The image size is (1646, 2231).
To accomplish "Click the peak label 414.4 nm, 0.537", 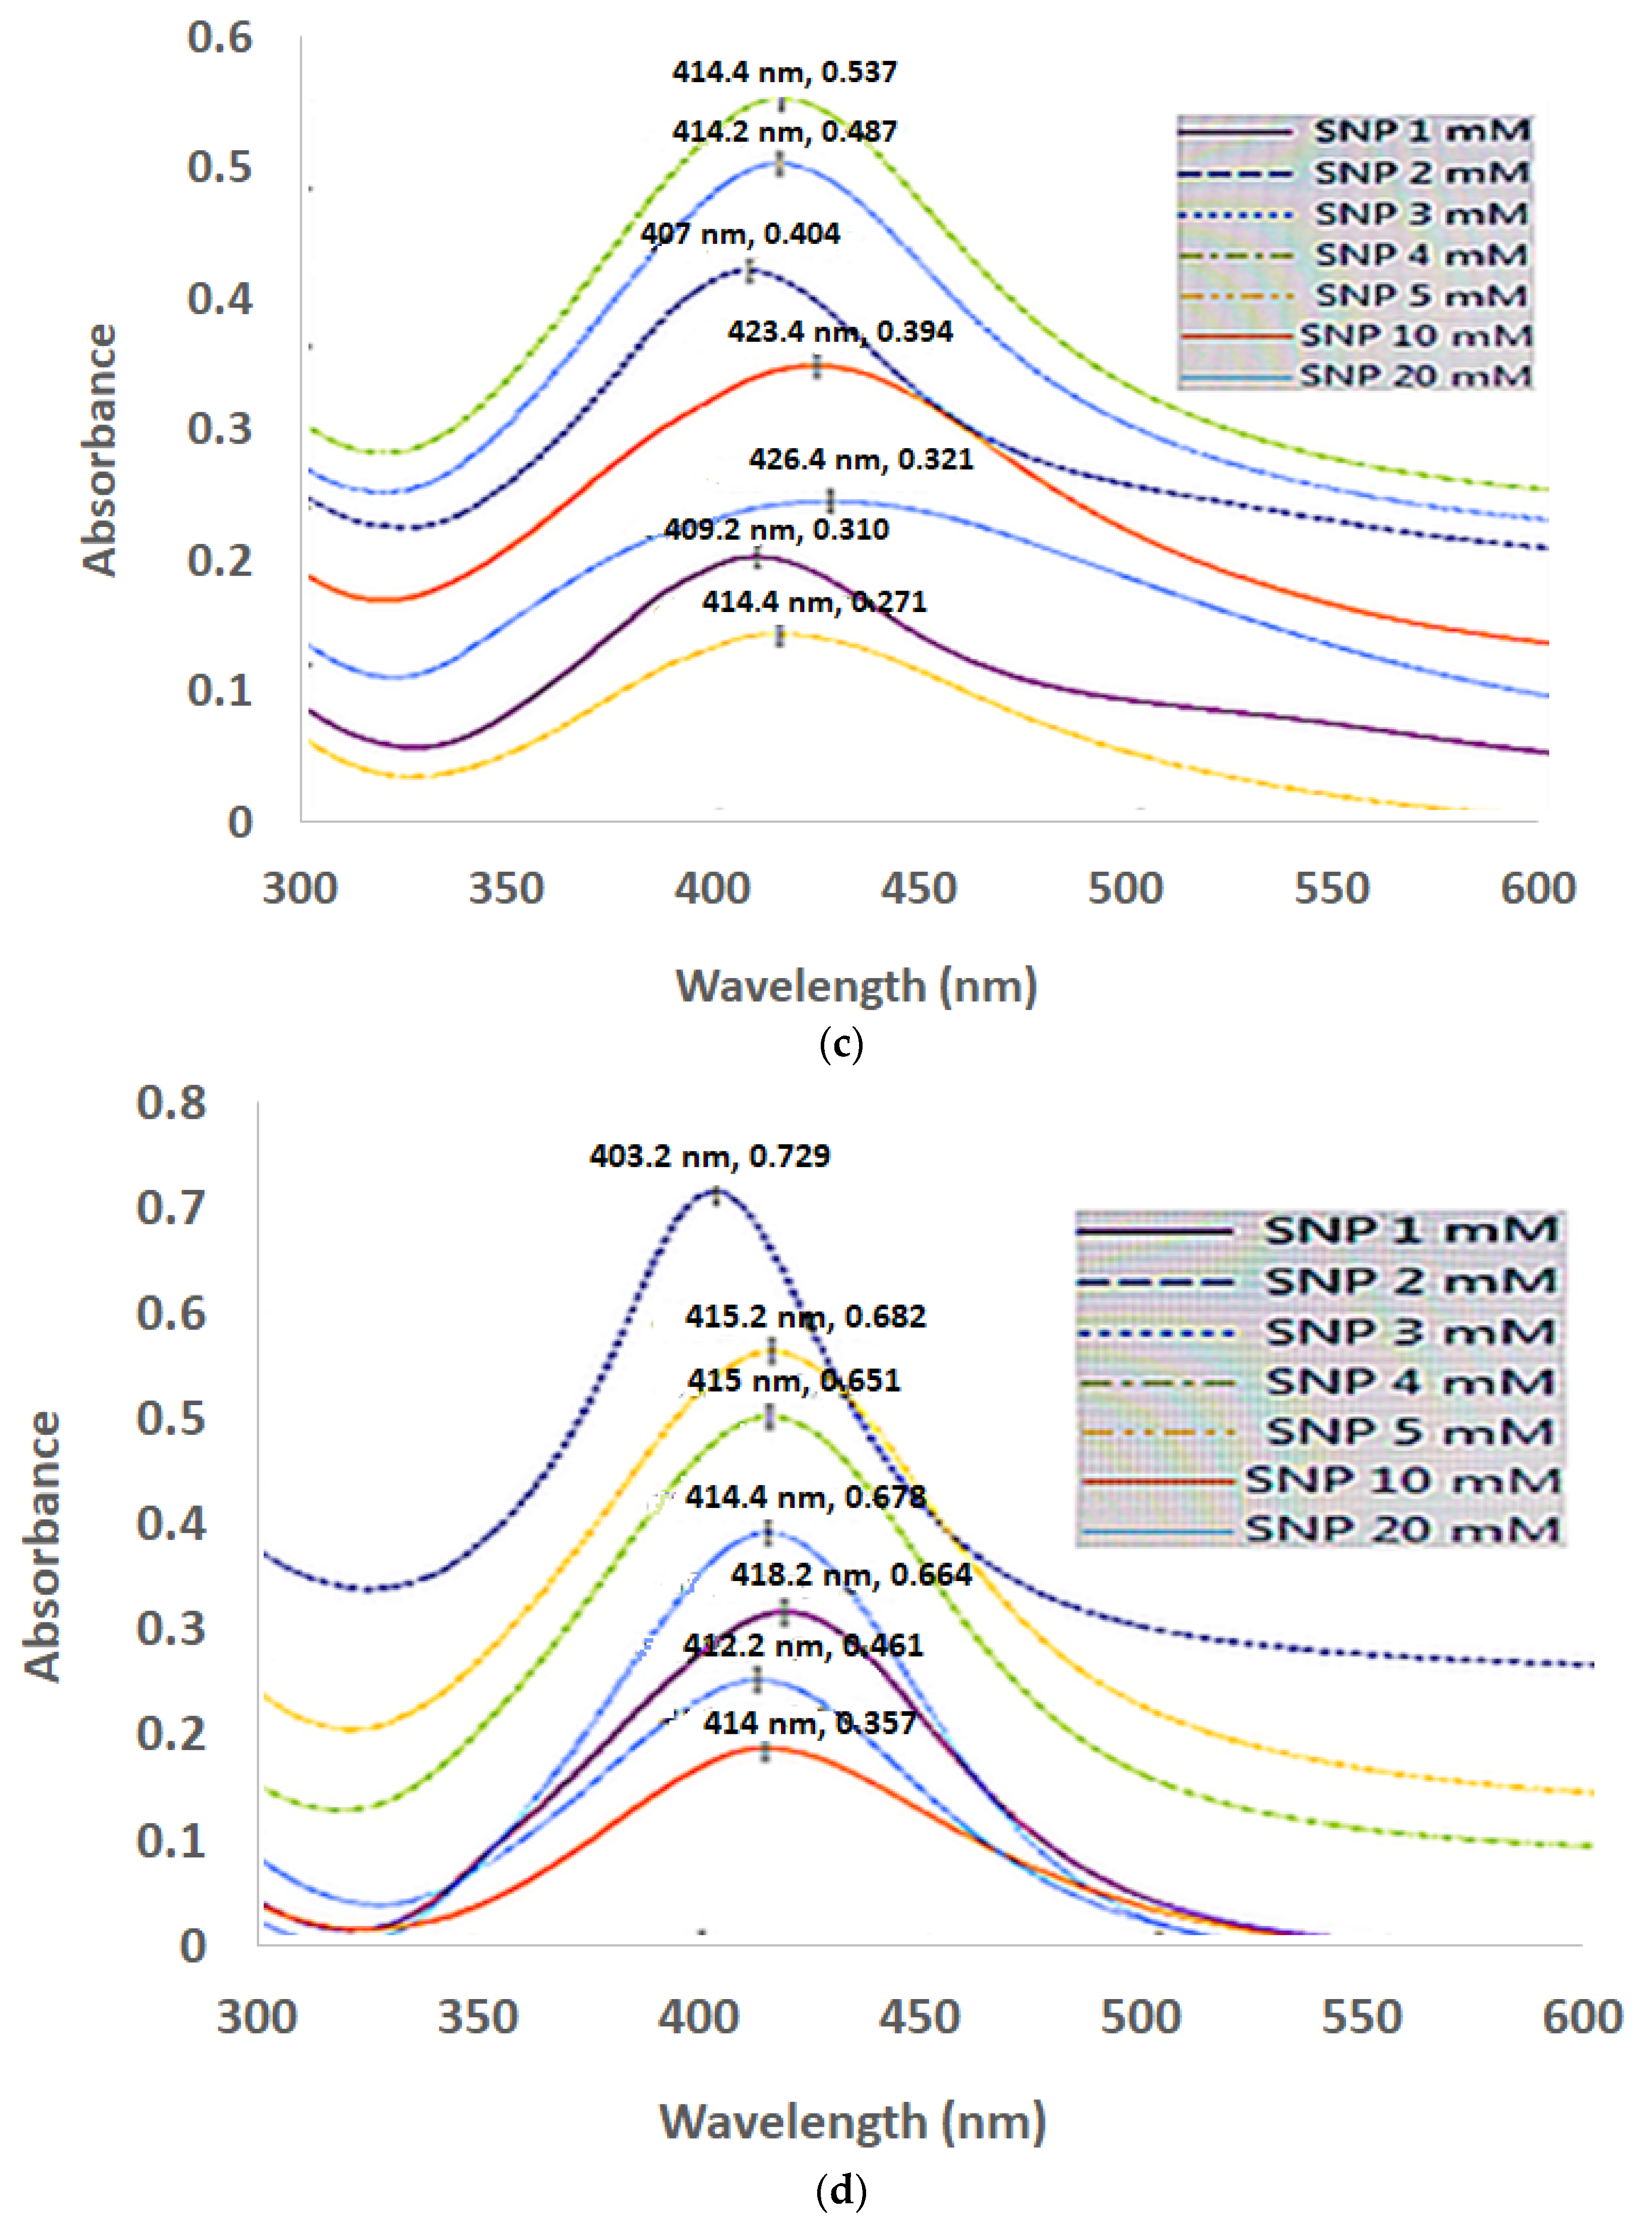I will tap(784, 72).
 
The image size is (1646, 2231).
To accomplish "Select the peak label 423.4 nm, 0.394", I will tap(840, 332).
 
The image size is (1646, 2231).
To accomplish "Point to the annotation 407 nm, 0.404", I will tap(740, 234).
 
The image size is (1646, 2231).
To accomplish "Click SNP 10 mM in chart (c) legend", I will tap(1415, 336).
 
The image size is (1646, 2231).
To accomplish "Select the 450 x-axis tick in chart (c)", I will tap(918, 888).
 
